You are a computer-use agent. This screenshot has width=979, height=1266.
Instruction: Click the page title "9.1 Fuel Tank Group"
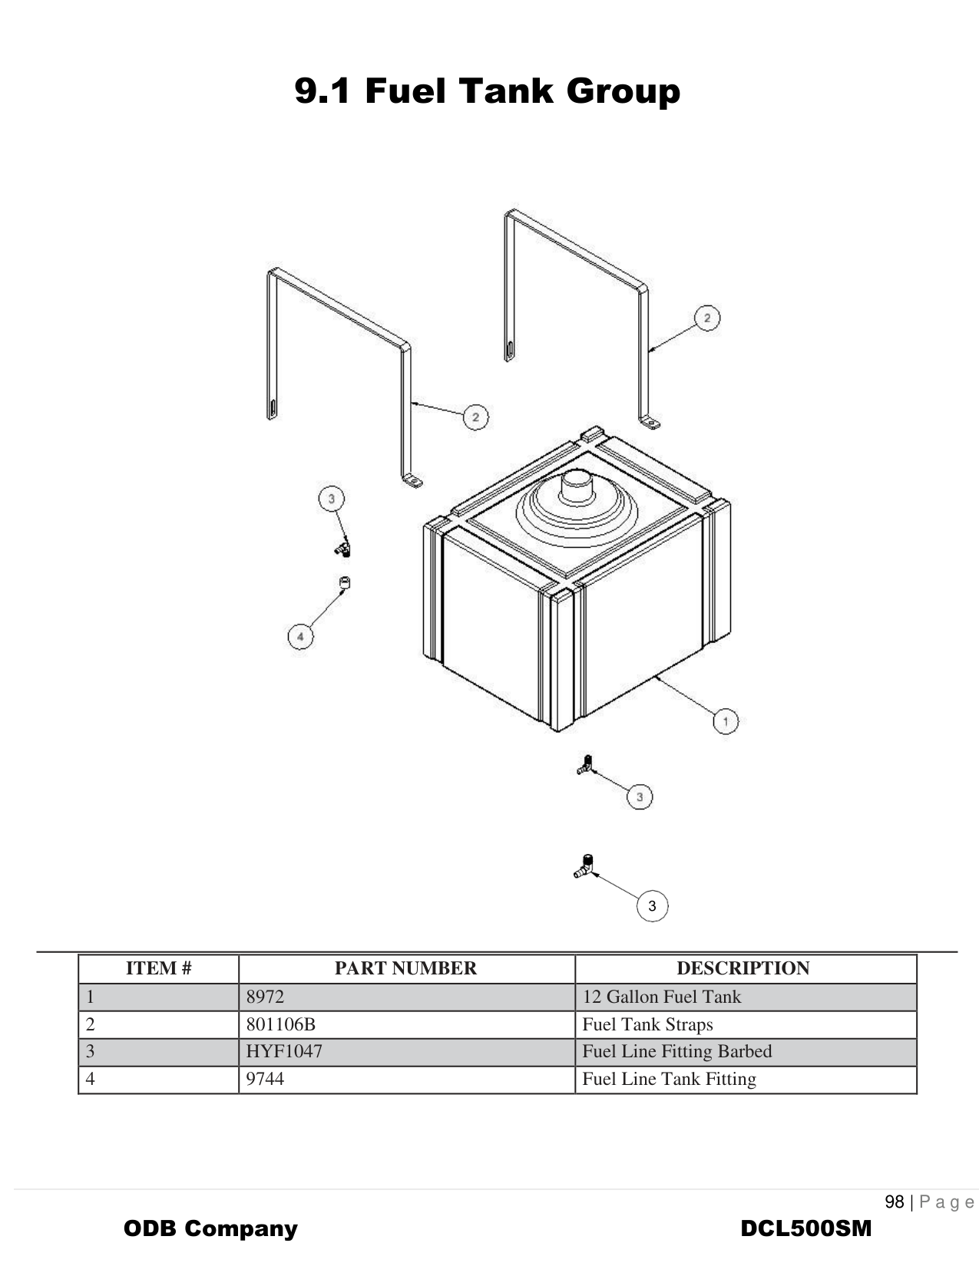[488, 91]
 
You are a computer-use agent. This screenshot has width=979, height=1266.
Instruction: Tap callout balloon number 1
[725, 721]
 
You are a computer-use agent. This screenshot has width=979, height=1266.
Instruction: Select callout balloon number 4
[300, 637]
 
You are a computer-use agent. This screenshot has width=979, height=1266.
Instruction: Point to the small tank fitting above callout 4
[345, 583]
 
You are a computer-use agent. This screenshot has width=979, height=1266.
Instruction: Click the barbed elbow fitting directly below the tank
[584, 765]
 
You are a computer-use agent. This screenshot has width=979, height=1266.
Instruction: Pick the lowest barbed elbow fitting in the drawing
[584, 867]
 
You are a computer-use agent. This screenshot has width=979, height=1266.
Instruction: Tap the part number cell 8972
[265, 997]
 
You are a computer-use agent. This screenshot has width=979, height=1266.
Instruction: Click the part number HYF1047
[284, 1051]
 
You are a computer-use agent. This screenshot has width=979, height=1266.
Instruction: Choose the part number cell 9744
[265, 1079]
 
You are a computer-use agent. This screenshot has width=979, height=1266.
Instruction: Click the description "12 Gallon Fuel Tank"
[662, 997]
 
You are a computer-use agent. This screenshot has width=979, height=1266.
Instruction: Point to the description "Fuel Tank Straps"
[647, 1024]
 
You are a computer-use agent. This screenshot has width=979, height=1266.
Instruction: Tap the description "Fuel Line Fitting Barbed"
[676, 1051]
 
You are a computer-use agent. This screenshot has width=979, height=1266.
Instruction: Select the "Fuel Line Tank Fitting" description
[669, 1079]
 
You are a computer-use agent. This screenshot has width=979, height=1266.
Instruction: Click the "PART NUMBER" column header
[405, 968]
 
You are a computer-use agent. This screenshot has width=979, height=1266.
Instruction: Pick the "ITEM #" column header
[158, 968]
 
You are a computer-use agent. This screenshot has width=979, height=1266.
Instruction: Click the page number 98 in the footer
[894, 1202]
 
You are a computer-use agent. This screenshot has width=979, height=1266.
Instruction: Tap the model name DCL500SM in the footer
[805, 1228]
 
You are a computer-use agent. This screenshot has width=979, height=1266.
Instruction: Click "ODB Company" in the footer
[210, 1228]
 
